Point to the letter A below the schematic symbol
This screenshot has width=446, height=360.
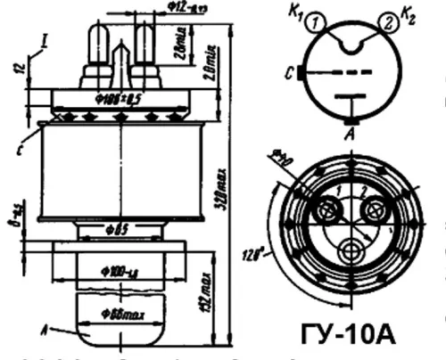coord(351,131)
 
